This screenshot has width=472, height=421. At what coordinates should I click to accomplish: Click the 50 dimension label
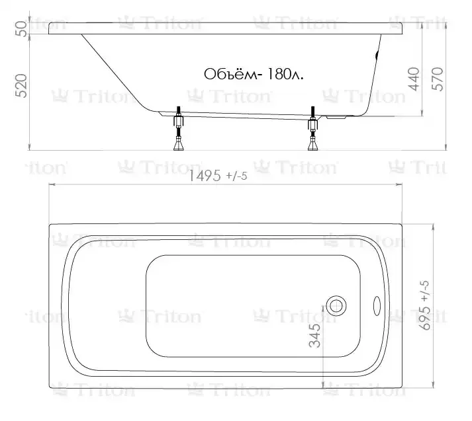click(x=22, y=28)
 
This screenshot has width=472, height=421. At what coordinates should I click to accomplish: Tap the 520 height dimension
click(x=22, y=86)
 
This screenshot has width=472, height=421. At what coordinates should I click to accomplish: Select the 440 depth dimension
click(x=414, y=79)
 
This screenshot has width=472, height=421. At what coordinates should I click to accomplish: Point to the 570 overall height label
click(x=438, y=79)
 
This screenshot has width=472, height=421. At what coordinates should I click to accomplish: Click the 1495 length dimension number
click(x=205, y=176)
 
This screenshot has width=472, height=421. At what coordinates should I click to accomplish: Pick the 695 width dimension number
click(x=426, y=318)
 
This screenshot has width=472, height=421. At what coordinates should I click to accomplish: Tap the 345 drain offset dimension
click(x=315, y=336)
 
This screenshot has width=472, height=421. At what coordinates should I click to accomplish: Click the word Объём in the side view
click(x=231, y=74)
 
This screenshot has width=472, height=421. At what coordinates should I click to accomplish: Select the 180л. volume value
click(x=285, y=74)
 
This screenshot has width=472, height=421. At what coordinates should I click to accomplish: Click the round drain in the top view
click(x=336, y=306)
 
